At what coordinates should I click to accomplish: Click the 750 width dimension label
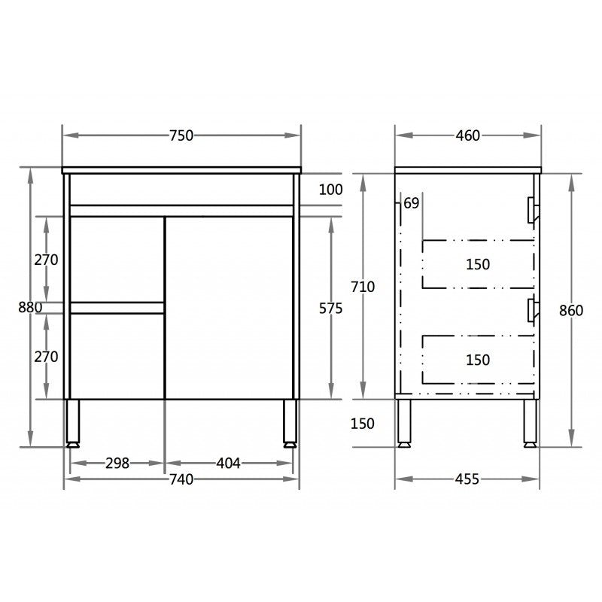[x=181, y=135]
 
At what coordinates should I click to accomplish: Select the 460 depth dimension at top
[x=467, y=135]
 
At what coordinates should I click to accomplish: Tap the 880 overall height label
[x=30, y=307]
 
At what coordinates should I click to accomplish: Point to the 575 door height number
[x=331, y=309]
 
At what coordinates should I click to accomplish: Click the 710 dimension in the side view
[x=363, y=286]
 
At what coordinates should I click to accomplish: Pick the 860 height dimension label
[x=571, y=310]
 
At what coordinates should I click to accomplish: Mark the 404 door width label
[x=228, y=464]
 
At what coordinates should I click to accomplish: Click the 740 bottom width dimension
[x=181, y=479]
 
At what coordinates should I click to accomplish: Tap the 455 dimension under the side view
[x=467, y=479]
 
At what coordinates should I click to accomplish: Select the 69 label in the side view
[x=412, y=203]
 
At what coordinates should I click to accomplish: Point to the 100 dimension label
[x=330, y=190]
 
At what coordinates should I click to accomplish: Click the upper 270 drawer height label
[x=47, y=260]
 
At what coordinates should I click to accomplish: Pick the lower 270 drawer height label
[x=47, y=357]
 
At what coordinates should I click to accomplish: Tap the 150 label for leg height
[x=362, y=424]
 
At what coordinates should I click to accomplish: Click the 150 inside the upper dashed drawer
[x=478, y=264]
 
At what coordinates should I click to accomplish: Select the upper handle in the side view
[x=533, y=210]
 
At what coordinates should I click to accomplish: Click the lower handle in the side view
[x=533, y=309]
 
